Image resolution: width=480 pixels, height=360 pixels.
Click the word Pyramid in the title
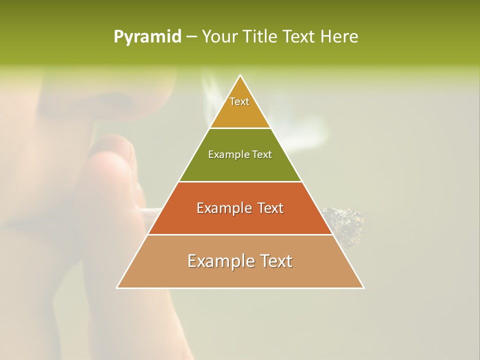[147, 37]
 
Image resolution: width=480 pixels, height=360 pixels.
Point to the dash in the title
[191, 37]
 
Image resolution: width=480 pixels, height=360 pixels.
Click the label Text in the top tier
[239, 101]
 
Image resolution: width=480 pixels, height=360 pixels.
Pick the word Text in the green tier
[262, 154]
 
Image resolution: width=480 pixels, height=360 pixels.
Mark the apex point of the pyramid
[240, 75]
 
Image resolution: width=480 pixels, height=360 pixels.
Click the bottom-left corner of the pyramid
[117, 288]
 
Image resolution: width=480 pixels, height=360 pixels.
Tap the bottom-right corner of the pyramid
[363, 288]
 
